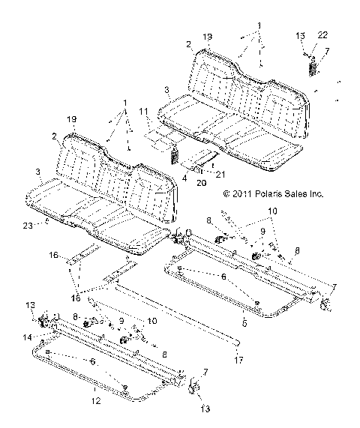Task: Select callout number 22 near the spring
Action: (x=322, y=35)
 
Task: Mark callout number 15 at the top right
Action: (x=300, y=35)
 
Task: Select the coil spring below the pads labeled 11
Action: (x=174, y=156)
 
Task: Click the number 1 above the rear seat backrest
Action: (x=259, y=25)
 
